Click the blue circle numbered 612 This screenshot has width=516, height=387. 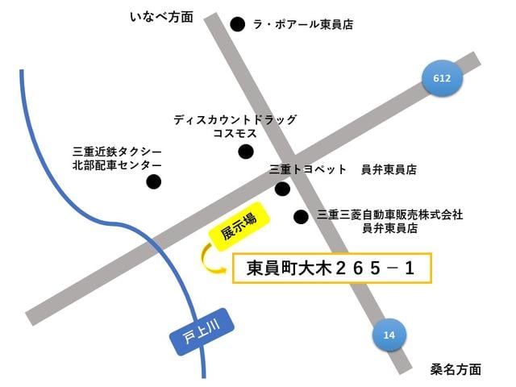click(443, 79)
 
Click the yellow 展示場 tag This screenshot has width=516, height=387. click(239, 225)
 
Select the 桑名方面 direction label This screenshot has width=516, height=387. click(456, 369)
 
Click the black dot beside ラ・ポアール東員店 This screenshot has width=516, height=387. click(238, 25)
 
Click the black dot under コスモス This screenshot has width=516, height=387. click(246, 152)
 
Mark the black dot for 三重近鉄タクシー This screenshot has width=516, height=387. click(153, 182)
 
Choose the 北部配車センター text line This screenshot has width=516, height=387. click(117, 165)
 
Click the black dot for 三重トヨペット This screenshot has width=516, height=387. click(282, 189)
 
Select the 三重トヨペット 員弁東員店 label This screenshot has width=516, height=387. click(343, 170)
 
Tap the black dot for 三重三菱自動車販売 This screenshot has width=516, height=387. click(301, 216)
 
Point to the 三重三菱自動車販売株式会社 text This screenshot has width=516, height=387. click(390, 214)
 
